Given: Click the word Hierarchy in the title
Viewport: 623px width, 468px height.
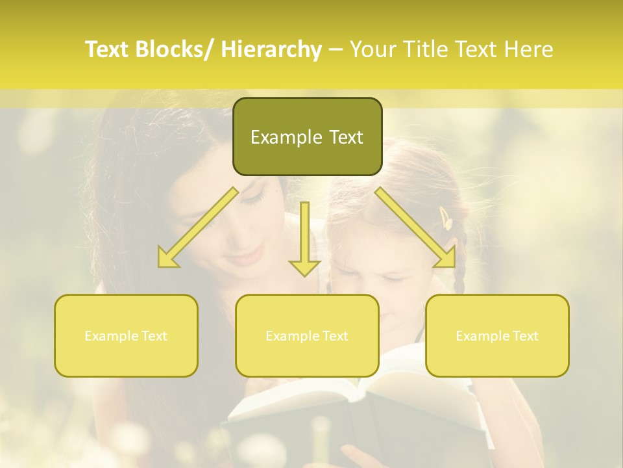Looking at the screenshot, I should (271, 49).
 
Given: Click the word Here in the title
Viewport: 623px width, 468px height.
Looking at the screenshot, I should (529, 49).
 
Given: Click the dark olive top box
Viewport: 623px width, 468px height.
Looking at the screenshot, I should (307, 136).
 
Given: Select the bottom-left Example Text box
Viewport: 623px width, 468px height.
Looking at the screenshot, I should (126, 335).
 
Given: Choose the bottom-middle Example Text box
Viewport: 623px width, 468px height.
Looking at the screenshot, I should (307, 335).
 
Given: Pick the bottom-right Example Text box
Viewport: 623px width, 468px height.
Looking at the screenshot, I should (497, 335).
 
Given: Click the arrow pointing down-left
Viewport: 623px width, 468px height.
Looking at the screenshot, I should (198, 228).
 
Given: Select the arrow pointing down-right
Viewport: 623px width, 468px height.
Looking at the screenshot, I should (416, 228).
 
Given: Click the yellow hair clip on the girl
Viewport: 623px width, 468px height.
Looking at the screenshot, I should (446, 218).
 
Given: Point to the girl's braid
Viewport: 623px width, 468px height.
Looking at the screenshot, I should (459, 273).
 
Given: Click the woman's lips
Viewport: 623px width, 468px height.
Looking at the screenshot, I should (245, 259).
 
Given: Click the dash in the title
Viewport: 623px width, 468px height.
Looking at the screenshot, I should (336, 49).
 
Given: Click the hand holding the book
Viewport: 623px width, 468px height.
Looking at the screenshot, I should (357, 455).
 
